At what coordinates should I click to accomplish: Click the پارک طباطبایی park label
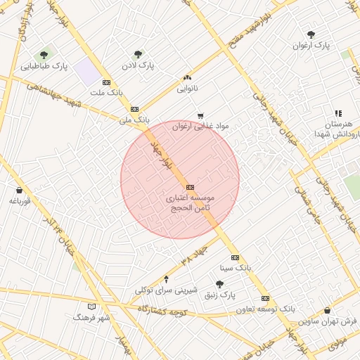[45, 67]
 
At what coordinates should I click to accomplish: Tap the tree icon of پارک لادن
[138, 53]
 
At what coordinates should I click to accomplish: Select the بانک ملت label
[107, 92]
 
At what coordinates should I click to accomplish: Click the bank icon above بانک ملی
[134, 109]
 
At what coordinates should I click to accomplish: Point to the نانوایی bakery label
[187, 89]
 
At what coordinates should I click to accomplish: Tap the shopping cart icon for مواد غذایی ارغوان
[201, 115]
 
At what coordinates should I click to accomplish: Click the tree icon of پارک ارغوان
[311, 34]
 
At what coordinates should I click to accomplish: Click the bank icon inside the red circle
[190, 187]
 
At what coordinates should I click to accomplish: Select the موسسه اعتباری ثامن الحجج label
[189, 204]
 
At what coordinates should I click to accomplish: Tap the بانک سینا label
[235, 268]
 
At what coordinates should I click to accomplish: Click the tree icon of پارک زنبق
[219, 284]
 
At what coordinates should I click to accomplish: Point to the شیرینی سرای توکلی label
[166, 290]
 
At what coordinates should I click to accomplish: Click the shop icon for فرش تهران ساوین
[327, 310]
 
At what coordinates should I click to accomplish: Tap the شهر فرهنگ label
[91, 318]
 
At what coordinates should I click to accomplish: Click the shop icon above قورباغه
[19, 190]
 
